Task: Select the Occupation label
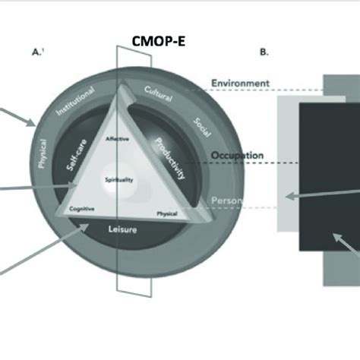click(238, 156)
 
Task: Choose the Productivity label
click(169, 158)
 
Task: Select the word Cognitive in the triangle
click(81, 208)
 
